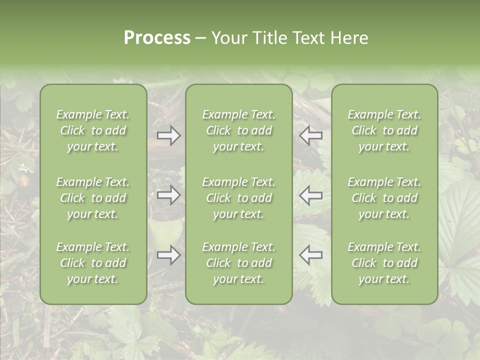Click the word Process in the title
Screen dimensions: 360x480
[x=157, y=38]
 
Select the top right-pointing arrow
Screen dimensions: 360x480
[x=169, y=135]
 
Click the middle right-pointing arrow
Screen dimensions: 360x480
[x=169, y=195]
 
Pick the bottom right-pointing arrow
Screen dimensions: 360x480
[x=169, y=255]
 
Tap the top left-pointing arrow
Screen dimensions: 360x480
[x=310, y=135]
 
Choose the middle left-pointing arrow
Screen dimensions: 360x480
[x=310, y=195]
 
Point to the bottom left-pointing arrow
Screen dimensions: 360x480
[x=310, y=254]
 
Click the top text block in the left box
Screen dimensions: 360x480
[x=93, y=130]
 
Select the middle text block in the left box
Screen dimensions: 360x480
[x=93, y=198]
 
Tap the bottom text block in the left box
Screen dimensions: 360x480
[x=93, y=263]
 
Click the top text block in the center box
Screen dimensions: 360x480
[x=239, y=130]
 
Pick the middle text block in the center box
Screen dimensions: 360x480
[x=239, y=198]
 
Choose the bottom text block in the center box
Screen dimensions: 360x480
[x=239, y=263]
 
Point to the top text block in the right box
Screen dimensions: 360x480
[x=384, y=130]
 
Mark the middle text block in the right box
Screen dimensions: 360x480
[x=384, y=198]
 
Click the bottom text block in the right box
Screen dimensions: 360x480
[x=384, y=263]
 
